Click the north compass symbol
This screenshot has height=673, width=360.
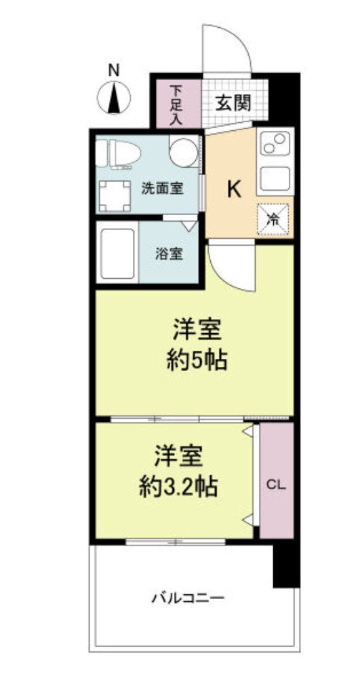(114, 96)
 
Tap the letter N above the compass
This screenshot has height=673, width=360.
(114, 68)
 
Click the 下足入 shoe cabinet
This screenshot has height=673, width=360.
(176, 104)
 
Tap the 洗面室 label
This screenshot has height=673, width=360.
(161, 188)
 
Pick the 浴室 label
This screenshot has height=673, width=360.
(168, 255)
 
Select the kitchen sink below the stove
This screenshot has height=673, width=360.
(275, 178)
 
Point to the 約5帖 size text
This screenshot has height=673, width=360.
(197, 360)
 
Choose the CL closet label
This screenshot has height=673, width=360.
(275, 484)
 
